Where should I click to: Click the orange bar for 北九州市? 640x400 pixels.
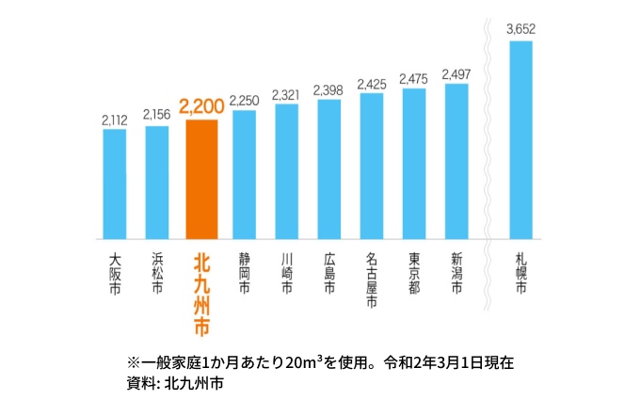[201, 179]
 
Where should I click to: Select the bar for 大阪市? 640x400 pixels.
[114, 184]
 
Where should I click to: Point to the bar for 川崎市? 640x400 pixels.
[286, 170]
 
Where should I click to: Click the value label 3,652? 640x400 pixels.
[520, 29]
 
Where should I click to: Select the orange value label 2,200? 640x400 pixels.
[201, 107]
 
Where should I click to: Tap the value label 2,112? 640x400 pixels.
[114, 119]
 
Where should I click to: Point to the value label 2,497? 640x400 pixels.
[456, 73]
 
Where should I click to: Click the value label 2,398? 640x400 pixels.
[328, 89]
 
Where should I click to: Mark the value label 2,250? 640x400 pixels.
[244, 100]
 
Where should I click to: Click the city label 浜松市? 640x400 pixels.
[156, 273]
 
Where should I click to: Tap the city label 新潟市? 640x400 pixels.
[456, 273]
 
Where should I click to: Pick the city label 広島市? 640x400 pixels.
[328, 273]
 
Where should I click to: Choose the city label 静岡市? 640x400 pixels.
[244, 273]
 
